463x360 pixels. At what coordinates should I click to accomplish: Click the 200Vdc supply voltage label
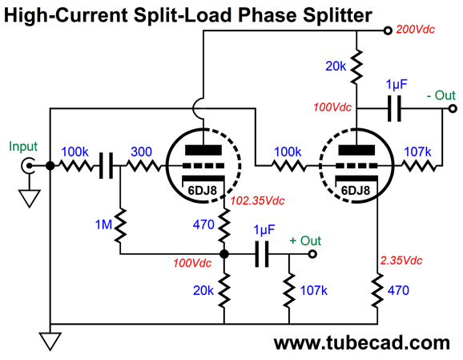(415, 30)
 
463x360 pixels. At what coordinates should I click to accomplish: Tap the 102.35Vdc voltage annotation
(257, 200)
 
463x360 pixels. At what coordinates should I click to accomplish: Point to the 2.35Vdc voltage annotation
(401, 261)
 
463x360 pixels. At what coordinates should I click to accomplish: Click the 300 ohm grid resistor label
(142, 152)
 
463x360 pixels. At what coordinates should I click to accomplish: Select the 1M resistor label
(103, 225)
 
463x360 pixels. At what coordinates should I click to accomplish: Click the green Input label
(23, 146)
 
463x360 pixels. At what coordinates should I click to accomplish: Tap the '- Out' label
(441, 95)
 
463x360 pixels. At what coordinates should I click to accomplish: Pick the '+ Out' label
(305, 241)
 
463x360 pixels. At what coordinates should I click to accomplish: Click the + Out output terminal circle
(312, 254)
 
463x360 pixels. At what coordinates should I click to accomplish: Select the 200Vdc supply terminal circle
(388, 30)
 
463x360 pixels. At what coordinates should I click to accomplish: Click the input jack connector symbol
(27, 165)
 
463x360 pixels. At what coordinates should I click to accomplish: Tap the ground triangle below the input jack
(29, 198)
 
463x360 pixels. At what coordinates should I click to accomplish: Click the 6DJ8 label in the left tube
(203, 191)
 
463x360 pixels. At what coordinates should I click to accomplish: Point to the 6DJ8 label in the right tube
(356, 191)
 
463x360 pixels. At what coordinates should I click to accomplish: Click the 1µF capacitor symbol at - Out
(394, 108)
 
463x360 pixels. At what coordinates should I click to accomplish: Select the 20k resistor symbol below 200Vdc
(356, 67)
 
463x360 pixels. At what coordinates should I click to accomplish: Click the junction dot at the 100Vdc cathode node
(224, 254)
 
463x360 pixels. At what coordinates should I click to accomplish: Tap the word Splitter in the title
(337, 15)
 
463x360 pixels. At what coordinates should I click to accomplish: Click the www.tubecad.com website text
(362, 343)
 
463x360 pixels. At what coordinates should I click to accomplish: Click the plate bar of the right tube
(356, 151)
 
